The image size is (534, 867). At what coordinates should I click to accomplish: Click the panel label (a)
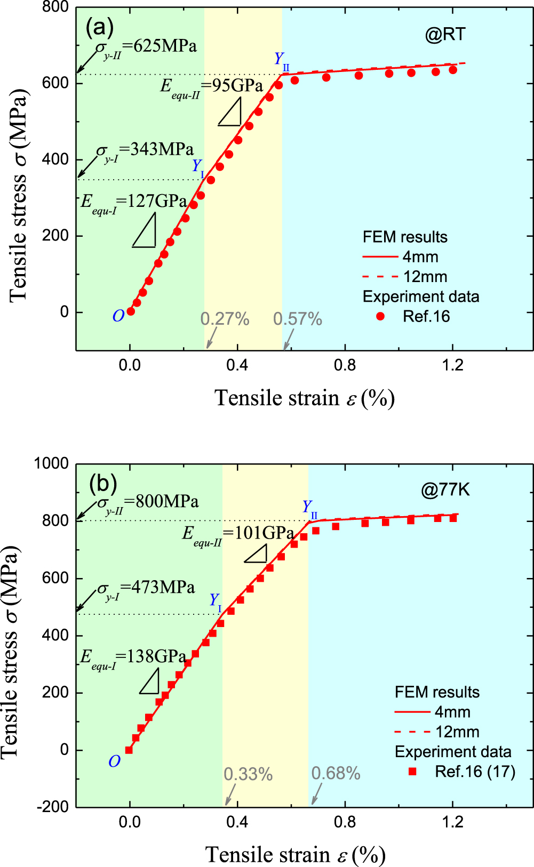99,27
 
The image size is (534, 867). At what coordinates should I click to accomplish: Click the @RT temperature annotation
445,35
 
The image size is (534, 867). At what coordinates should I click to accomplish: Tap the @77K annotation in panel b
445,489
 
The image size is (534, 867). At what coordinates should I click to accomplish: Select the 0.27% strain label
225,319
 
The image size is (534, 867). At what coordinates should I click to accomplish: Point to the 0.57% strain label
297,319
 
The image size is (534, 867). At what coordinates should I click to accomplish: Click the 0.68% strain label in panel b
336,774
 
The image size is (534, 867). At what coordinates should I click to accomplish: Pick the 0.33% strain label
248,774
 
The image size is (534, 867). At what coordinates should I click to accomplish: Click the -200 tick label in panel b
53,807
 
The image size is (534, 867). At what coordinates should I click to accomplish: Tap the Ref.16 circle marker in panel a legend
380,317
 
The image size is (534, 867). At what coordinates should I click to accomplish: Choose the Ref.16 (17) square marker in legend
412,772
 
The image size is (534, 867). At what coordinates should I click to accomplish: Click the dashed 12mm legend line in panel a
380,277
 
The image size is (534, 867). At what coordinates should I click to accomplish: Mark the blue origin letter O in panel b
114,762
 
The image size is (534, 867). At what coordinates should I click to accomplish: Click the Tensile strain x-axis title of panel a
305,398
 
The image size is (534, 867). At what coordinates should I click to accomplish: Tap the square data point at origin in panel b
129,750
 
